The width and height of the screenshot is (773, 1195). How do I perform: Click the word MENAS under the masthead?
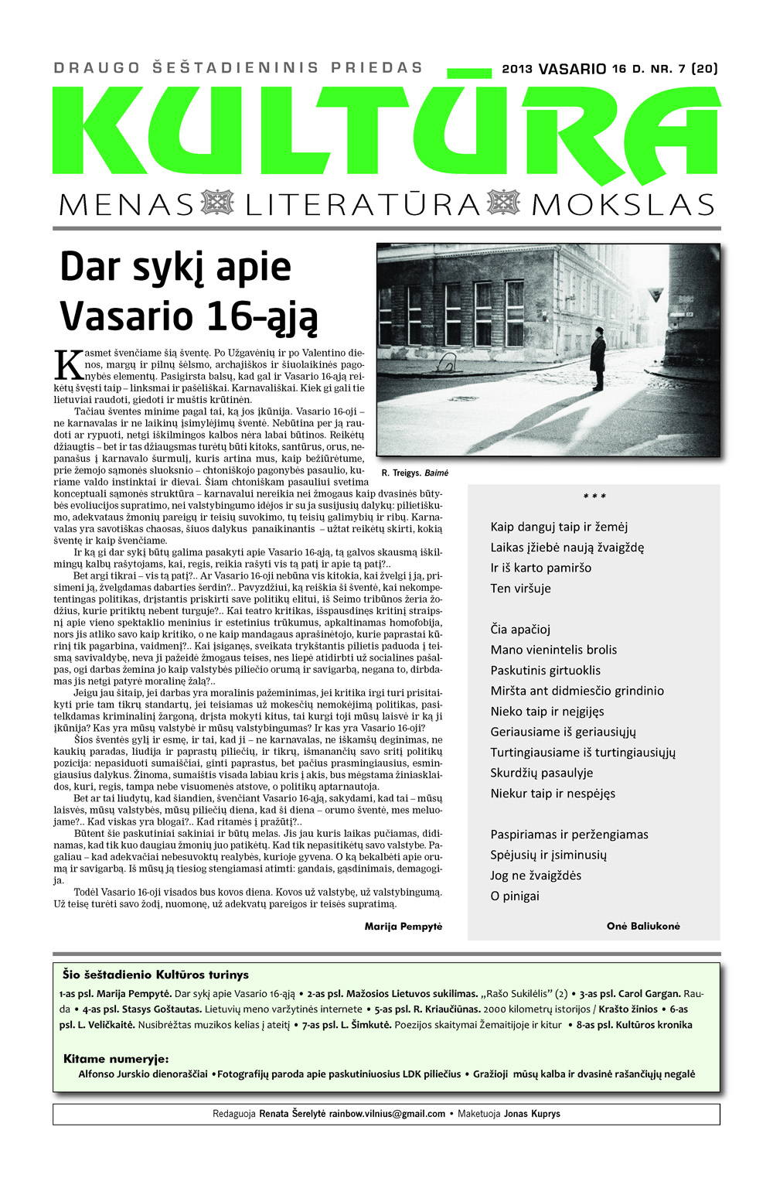[x=126, y=205]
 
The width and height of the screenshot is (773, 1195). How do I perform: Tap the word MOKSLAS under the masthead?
[x=623, y=205]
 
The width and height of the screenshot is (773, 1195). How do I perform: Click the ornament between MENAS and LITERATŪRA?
[x=217, y=203]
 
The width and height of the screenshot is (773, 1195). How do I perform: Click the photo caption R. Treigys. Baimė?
[x=414, y=473]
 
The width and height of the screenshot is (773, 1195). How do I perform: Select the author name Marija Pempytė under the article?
[x=403, y=926]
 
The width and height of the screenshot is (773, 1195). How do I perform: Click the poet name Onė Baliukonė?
[x=643, y=926]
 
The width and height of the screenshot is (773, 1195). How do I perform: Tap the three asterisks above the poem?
[x=594, y=497]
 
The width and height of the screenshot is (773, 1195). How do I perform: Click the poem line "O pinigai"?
[x=515, y=896]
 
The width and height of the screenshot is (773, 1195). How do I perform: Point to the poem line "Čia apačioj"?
[x=520, y=629]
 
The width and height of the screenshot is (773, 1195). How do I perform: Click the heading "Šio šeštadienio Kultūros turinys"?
[x=155, y=975]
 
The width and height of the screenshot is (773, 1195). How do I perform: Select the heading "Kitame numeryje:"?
[x=116, y=1059]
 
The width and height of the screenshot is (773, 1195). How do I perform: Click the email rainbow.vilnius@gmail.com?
[x=386, y=1114]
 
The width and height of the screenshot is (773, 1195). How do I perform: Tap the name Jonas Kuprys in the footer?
[x=532, y=1114]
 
